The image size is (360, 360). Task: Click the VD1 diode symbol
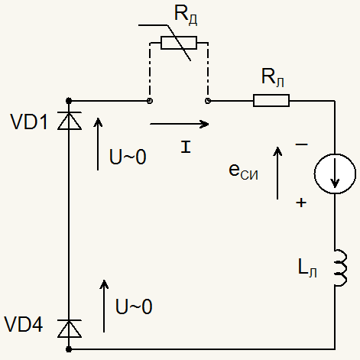(70, 121)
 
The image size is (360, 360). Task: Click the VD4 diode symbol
(70, 329)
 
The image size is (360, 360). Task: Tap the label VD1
(29, 122)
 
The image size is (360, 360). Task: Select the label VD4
(24, 324)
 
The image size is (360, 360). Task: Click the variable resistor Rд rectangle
(179, 43)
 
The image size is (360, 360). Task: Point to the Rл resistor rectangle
(271, 100)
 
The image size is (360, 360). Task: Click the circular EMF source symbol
(335, 174)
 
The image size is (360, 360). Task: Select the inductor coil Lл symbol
(341, 268)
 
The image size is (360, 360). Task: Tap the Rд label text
(186, 15)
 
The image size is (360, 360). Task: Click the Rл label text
(273, 77)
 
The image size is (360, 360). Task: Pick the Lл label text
(307, 268)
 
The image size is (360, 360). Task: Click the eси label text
(243, 171)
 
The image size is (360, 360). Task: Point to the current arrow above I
(180, 124)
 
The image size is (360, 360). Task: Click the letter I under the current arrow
(186, 147)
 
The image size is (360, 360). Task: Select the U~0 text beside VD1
(128, 157)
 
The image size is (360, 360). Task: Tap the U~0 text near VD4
(134, 306)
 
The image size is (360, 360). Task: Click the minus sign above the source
(301, 144)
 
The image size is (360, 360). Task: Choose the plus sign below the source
(301, 203)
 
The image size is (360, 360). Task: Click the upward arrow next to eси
(277, 173)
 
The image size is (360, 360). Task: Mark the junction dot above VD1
(69, 101)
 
